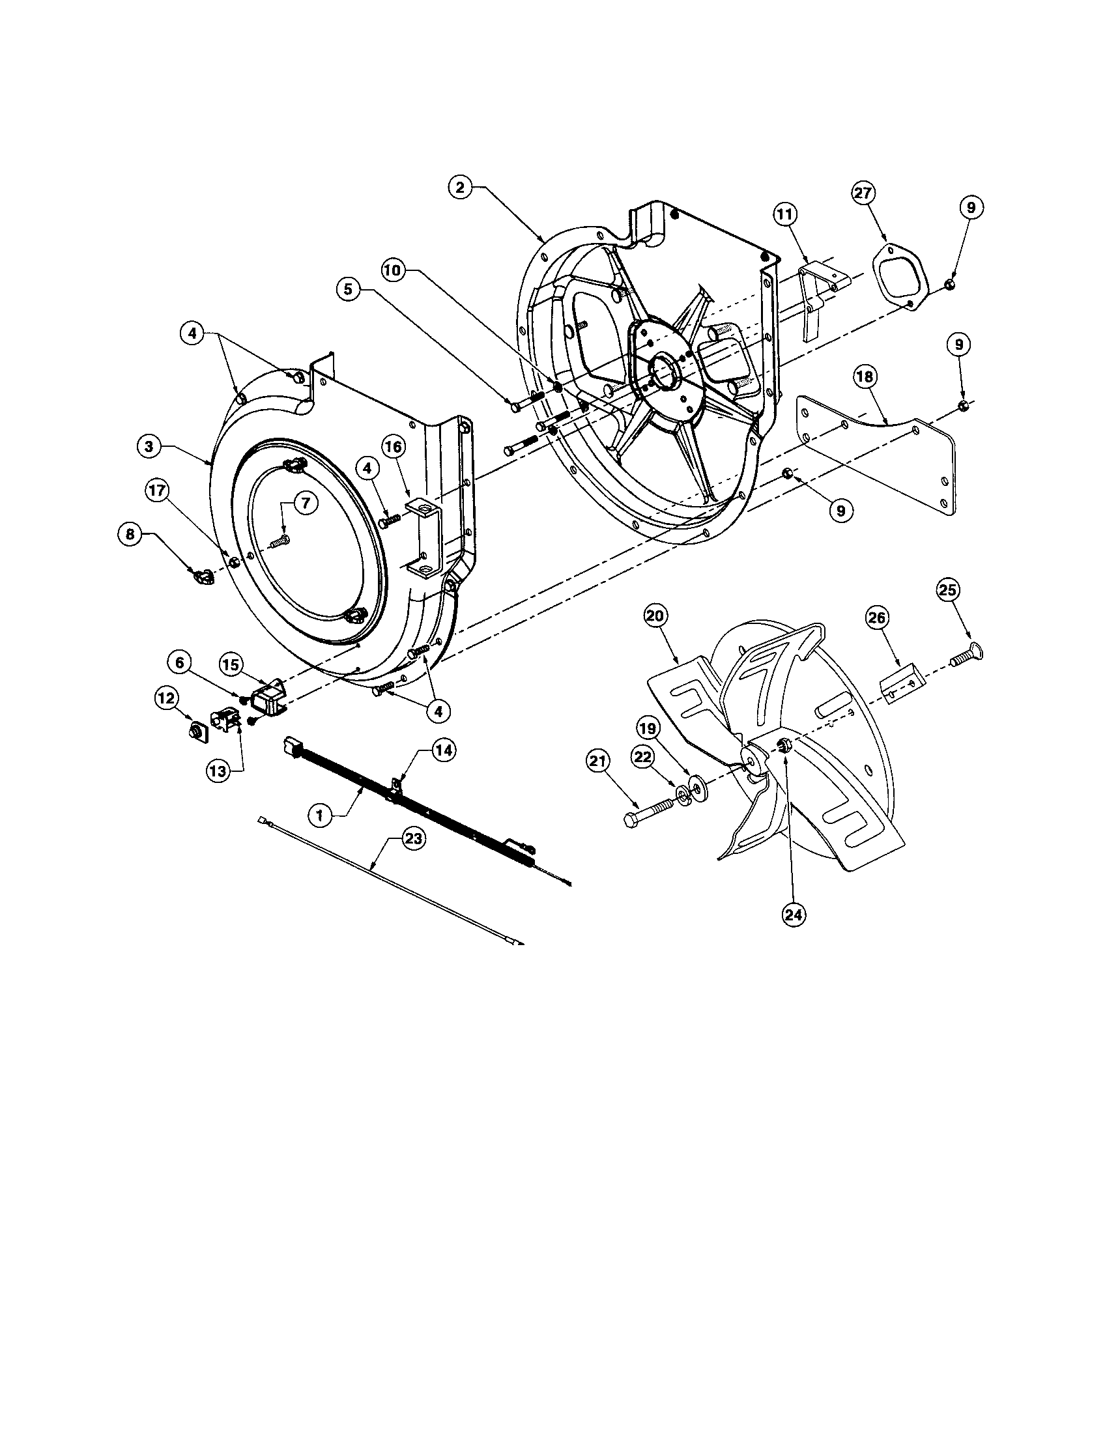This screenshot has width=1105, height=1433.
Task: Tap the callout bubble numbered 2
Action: [460, 188]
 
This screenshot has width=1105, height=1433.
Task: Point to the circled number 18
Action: [865, 376]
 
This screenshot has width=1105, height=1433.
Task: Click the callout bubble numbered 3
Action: [150, 446]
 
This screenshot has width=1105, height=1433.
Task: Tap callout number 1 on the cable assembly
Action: [319, 816]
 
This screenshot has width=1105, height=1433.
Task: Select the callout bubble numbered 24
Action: [795, 913]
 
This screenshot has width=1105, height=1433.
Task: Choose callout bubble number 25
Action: [947, 591]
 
